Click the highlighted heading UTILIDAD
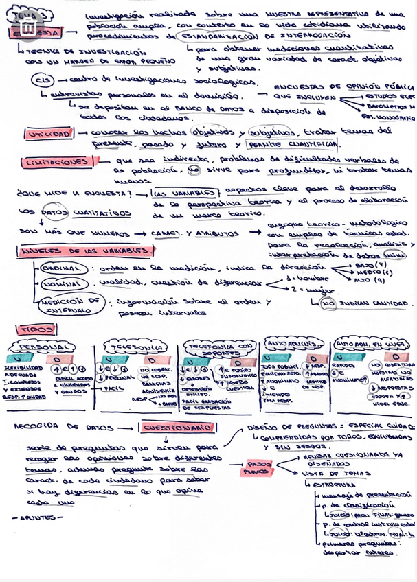click(47, 135)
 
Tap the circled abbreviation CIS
click(41, 80)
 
